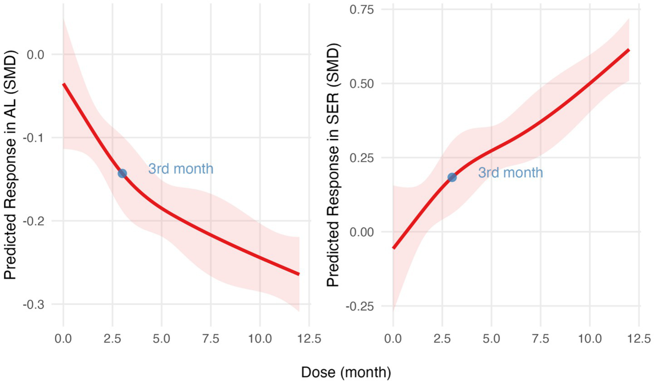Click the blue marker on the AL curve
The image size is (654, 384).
(x=122, y=173)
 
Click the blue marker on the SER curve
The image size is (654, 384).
(x=452, y=177)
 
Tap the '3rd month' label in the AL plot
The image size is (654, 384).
(x=181, y=169)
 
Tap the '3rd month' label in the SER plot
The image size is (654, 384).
(x=510, y=172)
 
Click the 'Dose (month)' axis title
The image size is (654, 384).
(x=346, y=372)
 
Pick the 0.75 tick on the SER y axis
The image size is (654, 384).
(x=361, y=10)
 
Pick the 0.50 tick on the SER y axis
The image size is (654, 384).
(x=361, y=84)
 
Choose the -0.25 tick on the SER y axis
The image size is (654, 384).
(x=359, y=306)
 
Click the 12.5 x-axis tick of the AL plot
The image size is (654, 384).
(x=309, y=338)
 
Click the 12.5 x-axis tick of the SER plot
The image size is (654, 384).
(x=639, y=338)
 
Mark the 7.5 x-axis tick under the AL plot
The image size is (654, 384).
(x=211, y=338)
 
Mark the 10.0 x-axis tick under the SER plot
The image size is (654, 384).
(x=589, y=338)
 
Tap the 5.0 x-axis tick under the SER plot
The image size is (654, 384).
(x=491, y=338)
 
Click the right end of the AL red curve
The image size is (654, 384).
(x=299, y=274)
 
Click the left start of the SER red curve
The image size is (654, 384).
(x=393, y=248)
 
